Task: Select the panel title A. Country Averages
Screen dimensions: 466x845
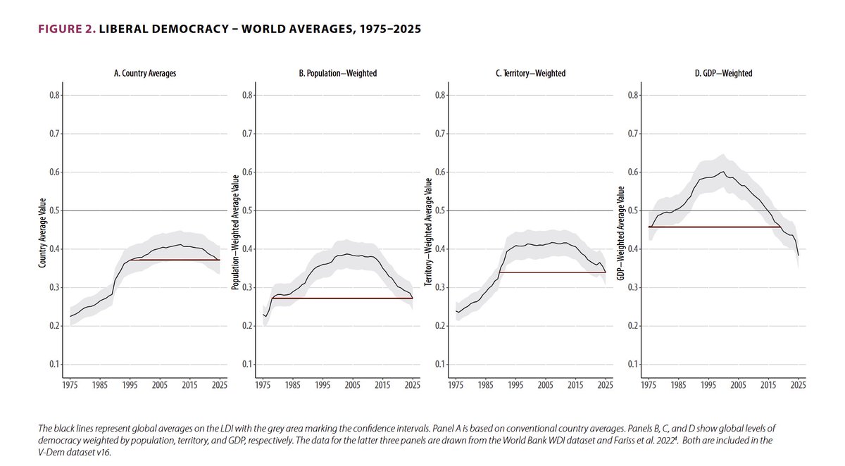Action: coord(145,73)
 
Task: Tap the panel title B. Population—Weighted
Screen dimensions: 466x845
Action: coord(338,73)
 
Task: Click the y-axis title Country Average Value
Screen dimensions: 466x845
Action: coord(43,230)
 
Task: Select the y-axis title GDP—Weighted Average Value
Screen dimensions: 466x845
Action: coord(622,230)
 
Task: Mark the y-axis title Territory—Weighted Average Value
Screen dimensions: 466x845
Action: coord(429,230)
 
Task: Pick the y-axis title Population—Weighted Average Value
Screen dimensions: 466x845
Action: coord(236,230)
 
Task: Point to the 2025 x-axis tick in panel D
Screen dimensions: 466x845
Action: coord(799,386)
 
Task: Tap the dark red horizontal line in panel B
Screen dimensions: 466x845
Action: coord(338,298)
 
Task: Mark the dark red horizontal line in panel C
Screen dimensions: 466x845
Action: coord(549,272)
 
